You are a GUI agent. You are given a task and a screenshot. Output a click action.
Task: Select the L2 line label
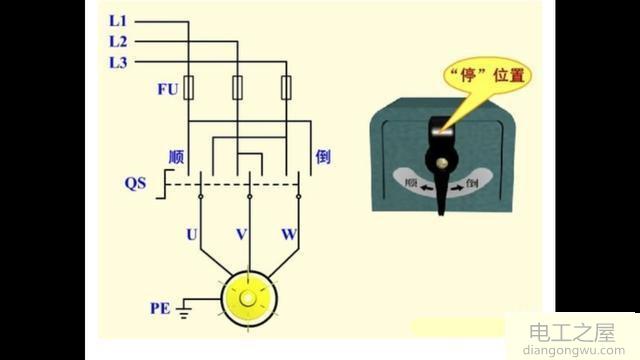[118, 42]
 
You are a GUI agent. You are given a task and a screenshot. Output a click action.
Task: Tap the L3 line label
[118, 63]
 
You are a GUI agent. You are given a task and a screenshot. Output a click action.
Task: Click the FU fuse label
[167, 88]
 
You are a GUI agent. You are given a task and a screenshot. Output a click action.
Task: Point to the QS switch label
[135, 184]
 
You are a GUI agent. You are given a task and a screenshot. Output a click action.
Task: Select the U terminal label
[191, 235]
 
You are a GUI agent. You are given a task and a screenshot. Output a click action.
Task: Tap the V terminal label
[240, 235]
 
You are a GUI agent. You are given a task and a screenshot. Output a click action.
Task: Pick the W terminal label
[289, 235]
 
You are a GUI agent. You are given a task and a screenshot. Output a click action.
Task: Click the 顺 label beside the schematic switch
[176, 158]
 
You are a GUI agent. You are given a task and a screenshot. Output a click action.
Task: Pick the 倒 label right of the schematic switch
[322, 157]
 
